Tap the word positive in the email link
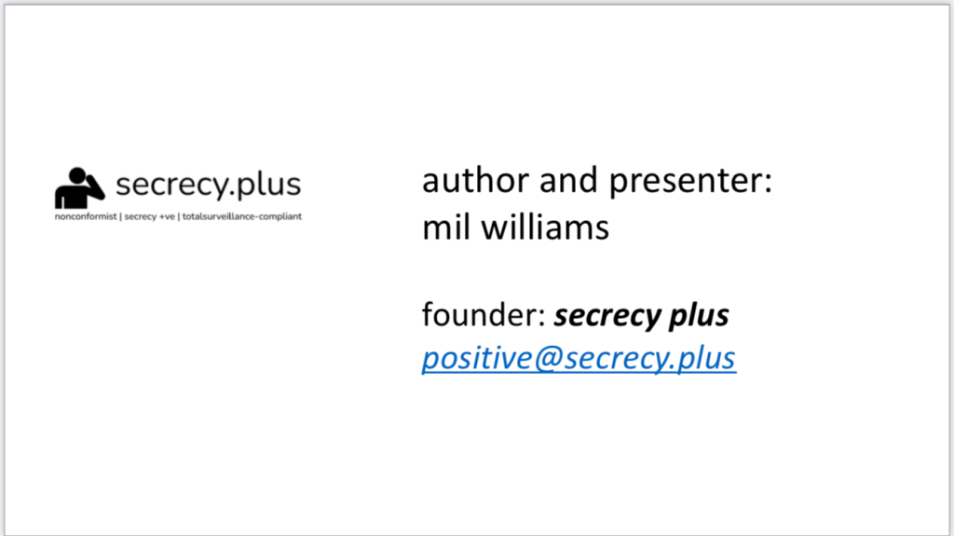(x=482, y=359)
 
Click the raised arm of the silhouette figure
(x=92, y=184)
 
